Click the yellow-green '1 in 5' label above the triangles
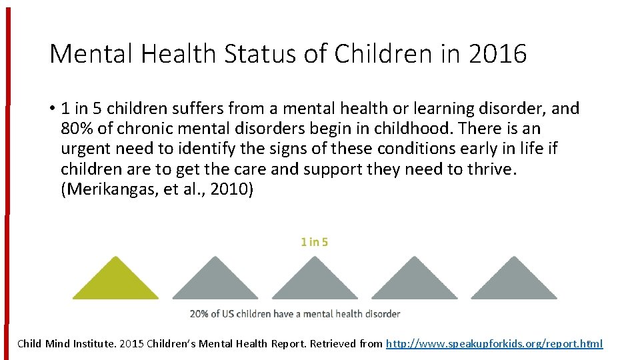click(314, 242)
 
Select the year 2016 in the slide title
click(497, 54)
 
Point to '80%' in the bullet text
click(77, 128)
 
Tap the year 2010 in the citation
click(228, 189)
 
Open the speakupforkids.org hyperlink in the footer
click(494, 344)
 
